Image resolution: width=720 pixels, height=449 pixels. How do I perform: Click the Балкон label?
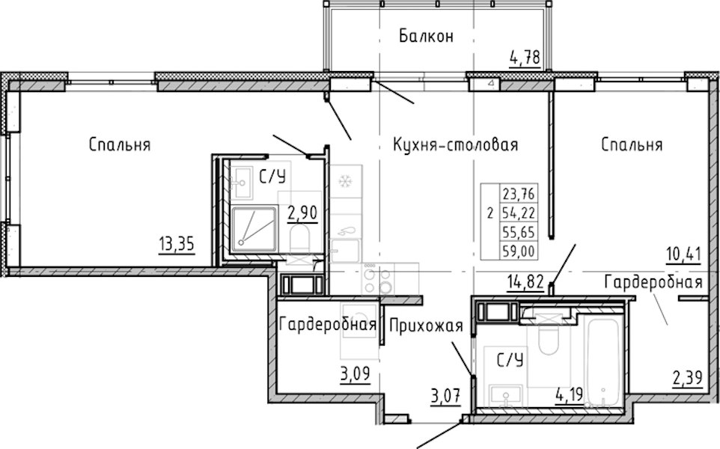point(426,36)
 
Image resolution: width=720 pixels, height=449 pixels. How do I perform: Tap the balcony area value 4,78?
point(524,59)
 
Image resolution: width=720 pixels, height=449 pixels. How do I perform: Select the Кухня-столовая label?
point(455,145)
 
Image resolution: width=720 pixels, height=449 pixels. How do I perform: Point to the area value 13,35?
point(177,244)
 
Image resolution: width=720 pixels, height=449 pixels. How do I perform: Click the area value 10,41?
point(684,254)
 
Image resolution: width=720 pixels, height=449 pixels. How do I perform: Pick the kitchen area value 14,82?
point(525,281)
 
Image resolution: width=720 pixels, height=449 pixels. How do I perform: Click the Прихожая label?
point(426,326)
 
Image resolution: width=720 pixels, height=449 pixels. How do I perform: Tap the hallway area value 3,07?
point(445,395)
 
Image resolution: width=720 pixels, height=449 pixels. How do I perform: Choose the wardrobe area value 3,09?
point(355,375)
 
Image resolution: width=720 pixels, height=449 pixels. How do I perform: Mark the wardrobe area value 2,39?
point(687,379)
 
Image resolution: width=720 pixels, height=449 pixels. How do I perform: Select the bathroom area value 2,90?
point(302,213)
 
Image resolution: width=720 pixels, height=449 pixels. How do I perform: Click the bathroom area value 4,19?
point(569,394)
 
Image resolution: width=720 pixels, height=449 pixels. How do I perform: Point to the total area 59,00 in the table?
point(519,251)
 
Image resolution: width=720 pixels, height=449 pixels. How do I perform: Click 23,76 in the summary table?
point(519,195)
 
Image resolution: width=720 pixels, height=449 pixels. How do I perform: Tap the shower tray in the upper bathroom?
point(254,229)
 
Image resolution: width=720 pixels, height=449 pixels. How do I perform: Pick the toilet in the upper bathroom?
point(300,239)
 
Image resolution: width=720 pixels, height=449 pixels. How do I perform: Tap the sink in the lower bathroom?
point(505,395)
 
